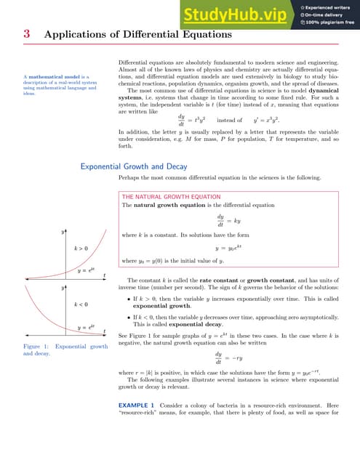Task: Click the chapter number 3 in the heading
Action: [x=26, y=34]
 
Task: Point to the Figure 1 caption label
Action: [x=36, y=347]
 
